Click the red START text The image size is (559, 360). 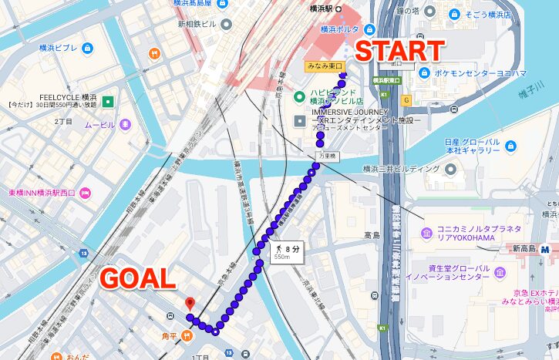tap(399, 52)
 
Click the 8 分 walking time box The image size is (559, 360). tap(286, 251)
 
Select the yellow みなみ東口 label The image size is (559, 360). tap(325, 67)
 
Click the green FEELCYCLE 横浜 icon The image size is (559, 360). tap(108, 101)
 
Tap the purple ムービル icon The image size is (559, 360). tap(125, 125)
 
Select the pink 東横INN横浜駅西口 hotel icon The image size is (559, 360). tap(85, 193)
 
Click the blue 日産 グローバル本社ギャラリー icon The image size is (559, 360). tap(510, 144)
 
